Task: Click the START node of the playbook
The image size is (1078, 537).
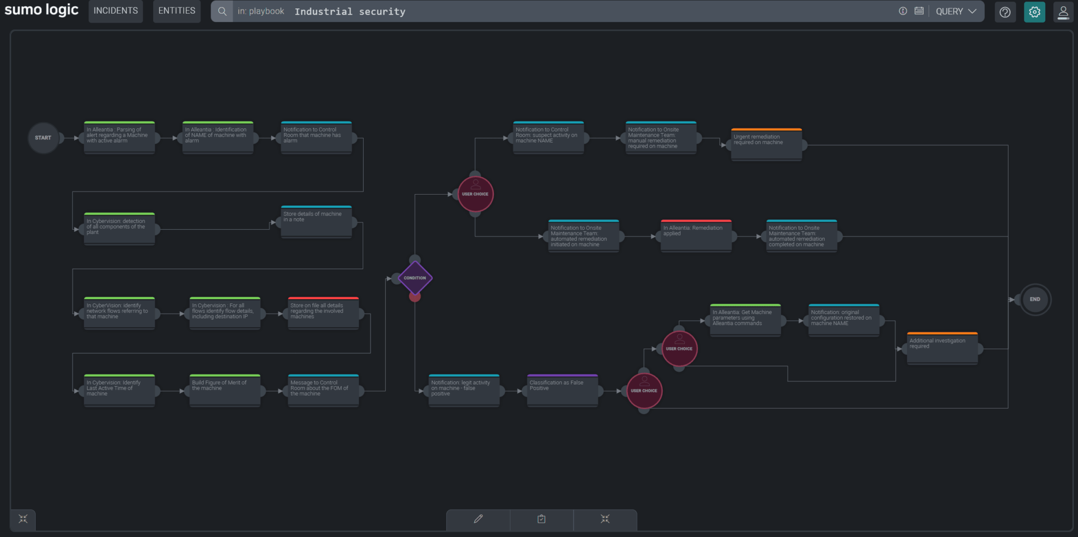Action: tap(43, 138)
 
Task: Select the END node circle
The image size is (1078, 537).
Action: tap(1035, 299)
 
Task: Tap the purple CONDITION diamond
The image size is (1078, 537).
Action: tap(415, 278)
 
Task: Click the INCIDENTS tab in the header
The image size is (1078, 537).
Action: tap(116, 11)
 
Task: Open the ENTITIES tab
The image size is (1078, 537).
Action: tap(177, 11)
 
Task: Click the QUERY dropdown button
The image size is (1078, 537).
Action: tap(955, 12)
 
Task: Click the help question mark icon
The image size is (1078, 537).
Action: tap(1005, 12)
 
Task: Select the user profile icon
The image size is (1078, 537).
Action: tap(1063, 12)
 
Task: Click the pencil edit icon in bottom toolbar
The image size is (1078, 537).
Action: tap(478, 519)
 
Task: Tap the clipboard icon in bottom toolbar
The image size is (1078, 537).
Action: tap(542, 519)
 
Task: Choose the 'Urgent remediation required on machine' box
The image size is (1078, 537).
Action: tap(766, 144)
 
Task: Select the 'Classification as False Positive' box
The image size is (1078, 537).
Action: tap(562, 390)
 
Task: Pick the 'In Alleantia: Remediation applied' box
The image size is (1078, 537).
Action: tap(696, 236)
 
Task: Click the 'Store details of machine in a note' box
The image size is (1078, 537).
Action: tap(316, 221)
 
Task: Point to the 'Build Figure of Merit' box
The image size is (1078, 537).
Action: tap(225, 390)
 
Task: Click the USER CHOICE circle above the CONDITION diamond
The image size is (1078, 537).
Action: tap(475, 194)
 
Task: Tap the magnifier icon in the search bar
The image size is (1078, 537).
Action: tap(222, 12)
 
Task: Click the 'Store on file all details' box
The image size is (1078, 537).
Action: tap(323, 313)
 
